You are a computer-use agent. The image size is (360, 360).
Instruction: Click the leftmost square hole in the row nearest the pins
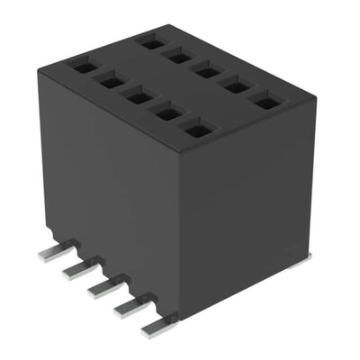pyautogui.click(x=82, y=66)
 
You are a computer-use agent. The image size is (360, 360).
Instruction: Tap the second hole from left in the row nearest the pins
pyautogui.click(x=110, y=82)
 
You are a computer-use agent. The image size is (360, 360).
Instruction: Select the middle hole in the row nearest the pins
pyautogui.click(x=137, y=97)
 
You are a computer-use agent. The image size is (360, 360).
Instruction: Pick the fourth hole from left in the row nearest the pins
pyautogui.click(x=165, y=114)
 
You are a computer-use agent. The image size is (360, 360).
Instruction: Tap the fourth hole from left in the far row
pyautogui.click(x=236, y=86)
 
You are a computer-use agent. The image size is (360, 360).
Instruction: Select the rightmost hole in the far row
pyautogui.click(x=265, y=103)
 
